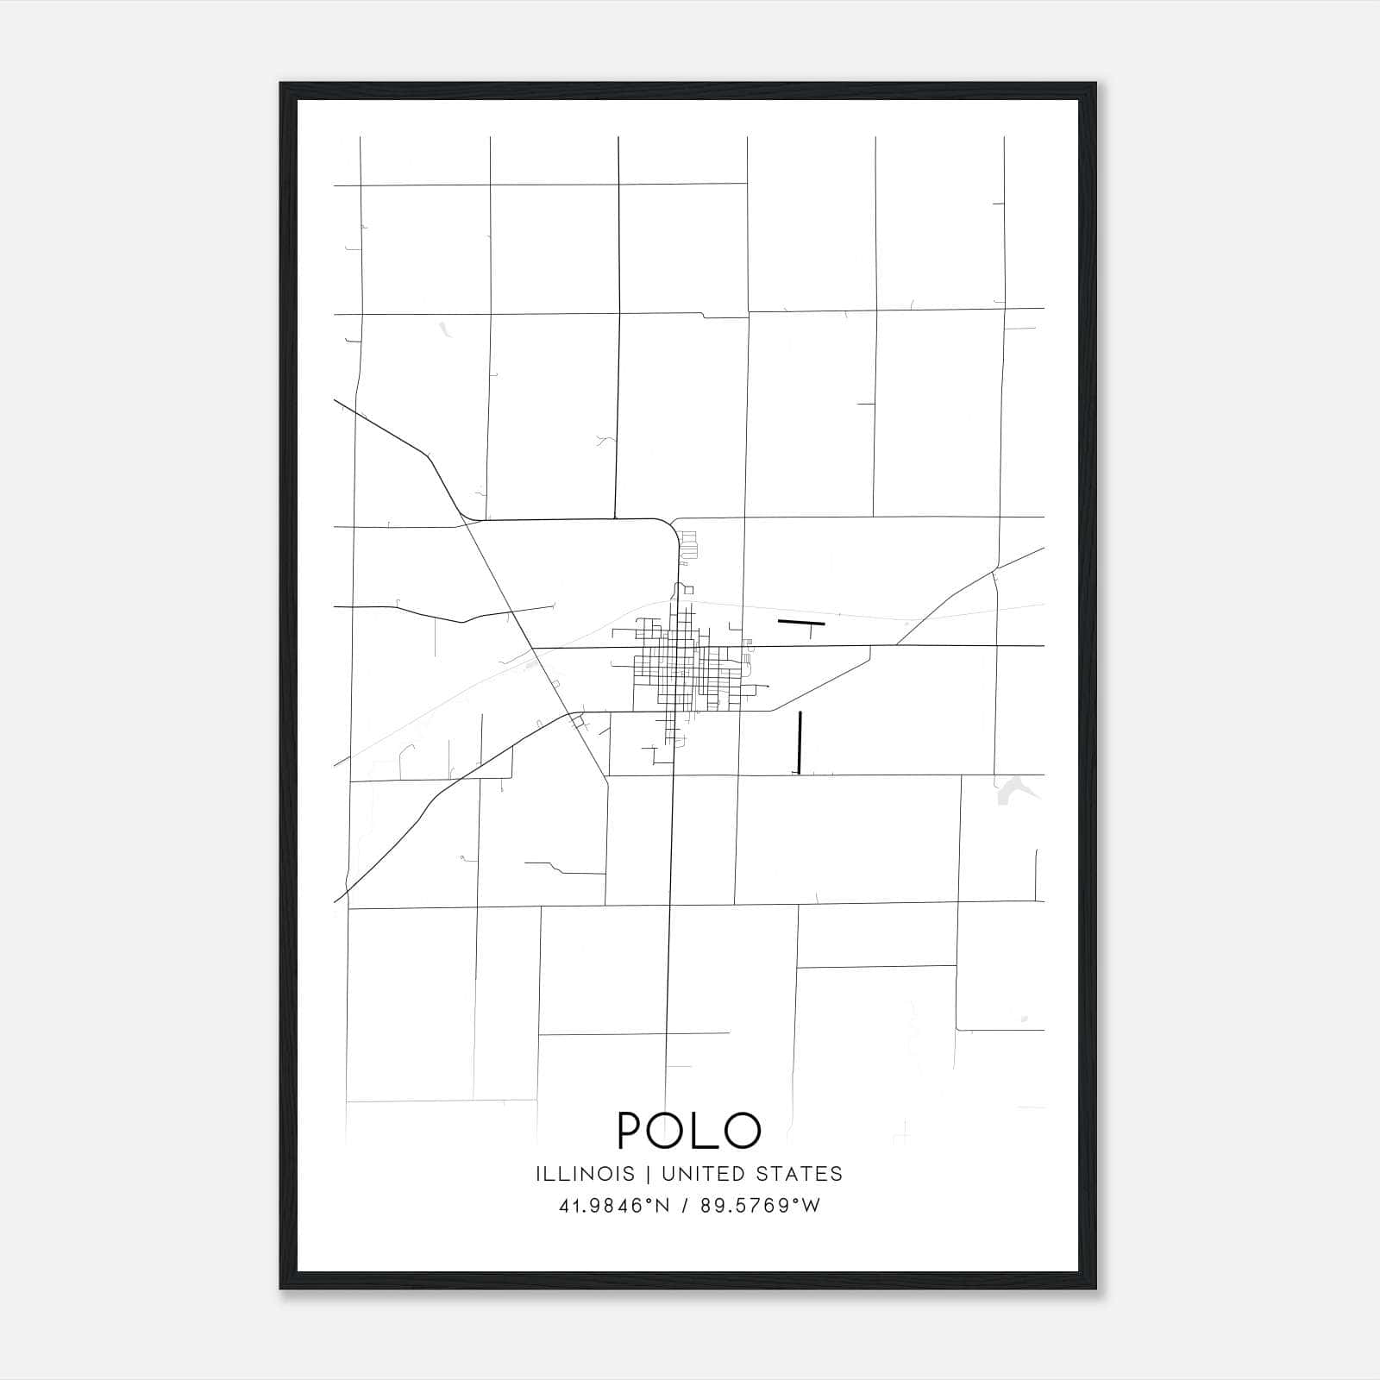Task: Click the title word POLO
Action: [x=689, y=1130]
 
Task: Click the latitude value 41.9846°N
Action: [x=614, y=1206]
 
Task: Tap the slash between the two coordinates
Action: [x=686, y=1206]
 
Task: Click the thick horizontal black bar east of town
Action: [x=801, y=622]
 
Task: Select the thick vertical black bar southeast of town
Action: [x=800, y=742]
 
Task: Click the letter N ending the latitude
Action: [x=662, y=1206]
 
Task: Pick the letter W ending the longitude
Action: [x=812, y=1206]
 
